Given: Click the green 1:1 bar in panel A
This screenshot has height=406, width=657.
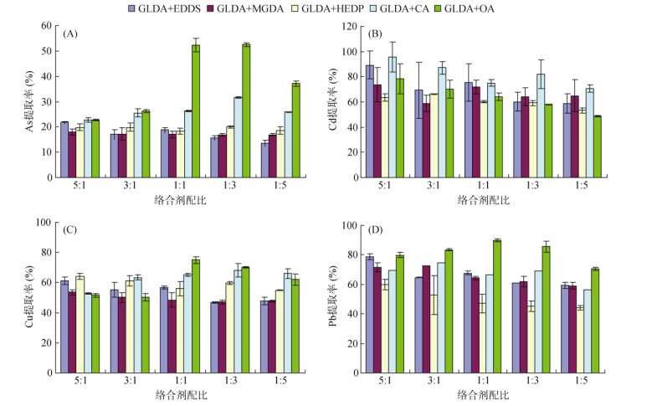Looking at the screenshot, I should pos(196,111).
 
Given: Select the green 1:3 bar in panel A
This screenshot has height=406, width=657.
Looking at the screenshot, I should pos(246,111).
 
